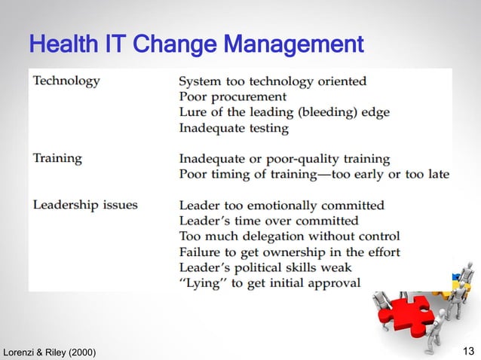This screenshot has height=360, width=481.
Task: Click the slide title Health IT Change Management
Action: click(196, 44)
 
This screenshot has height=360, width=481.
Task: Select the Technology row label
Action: click(66, 81)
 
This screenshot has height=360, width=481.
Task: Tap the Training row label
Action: click(57, 158)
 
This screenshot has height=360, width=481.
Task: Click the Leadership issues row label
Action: click(85, 205)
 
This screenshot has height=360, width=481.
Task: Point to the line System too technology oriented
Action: click(273, 81)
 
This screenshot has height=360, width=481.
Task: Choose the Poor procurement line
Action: click(232, 96)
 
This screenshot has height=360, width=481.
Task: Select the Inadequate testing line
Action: click(234, 128)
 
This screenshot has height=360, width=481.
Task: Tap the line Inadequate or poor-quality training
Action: click(284, 159)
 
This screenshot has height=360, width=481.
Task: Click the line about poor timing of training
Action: click(314, 174)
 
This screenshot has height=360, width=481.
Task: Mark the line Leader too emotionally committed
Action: click(281, 205)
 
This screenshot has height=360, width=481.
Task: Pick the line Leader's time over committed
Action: click(268, 221)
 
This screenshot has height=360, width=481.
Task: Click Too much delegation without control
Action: click(290, 236)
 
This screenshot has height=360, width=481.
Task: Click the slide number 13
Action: click(467, 351)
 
